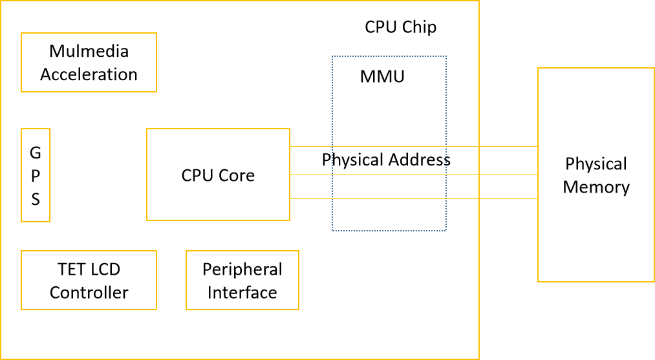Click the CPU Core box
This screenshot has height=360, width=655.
coord(218,175)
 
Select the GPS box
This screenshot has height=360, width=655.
coord(36,175)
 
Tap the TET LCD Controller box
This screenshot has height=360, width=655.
coord(89,281)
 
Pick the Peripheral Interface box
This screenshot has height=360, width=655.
coord(242,281)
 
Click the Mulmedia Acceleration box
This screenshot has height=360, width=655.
coord(89,63)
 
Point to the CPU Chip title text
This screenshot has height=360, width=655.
coord(400,27)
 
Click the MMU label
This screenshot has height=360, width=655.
coord(382,76)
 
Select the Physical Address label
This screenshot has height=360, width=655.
coord(386,160)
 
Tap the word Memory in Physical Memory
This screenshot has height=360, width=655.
coord(596,187)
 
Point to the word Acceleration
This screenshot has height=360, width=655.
coord(89,74)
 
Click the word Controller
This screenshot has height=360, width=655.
coord(89,293)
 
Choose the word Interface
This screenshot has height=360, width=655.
coord(242,293)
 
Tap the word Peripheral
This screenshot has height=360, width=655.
coord(242,270)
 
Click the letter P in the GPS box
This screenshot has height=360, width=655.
coord(36,176)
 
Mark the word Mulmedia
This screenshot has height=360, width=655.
coord(89,51)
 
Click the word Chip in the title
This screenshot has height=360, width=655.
coord(420,27)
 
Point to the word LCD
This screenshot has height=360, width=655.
coord(105,270)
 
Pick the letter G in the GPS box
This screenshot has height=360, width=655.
coord(36,153)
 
